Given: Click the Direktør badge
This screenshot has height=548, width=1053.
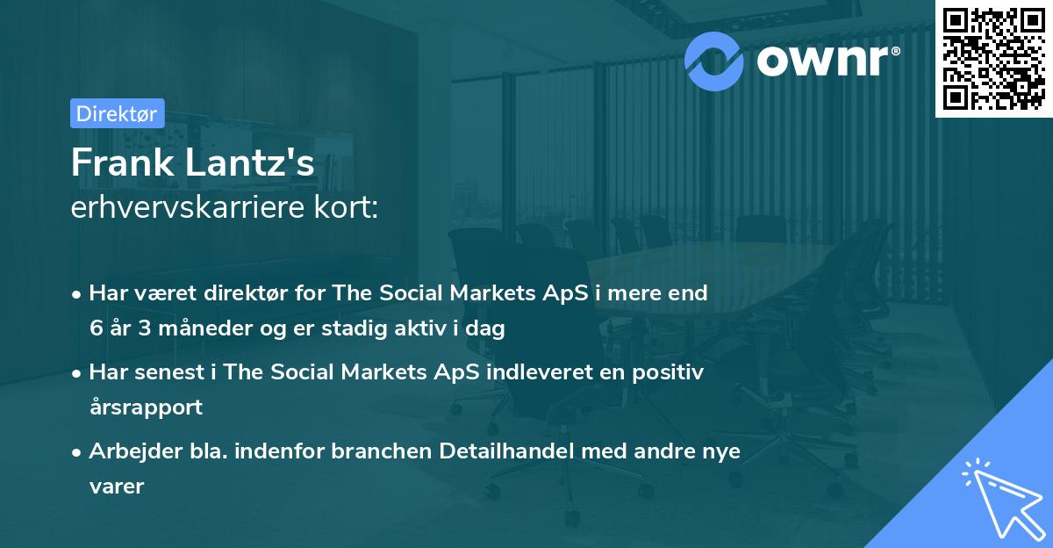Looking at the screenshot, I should (x=116, y=113).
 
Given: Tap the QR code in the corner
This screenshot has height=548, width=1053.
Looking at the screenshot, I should (x=992, y=59).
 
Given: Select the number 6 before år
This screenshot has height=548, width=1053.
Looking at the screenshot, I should (x=95, y=328).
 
